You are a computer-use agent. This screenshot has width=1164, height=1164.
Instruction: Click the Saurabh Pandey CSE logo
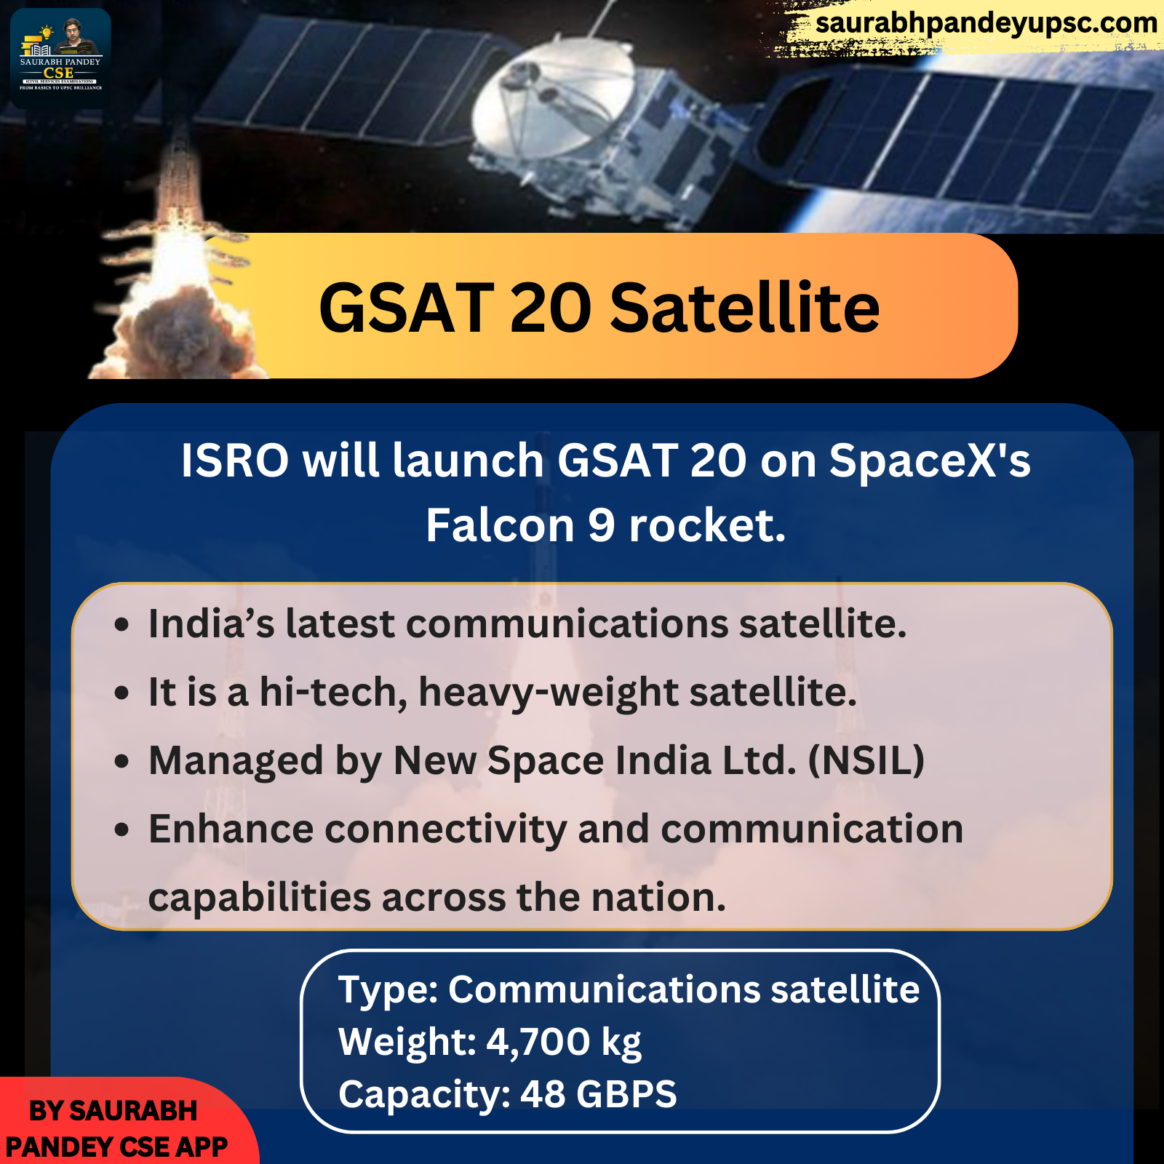pyautogui.click(x=60, y=58)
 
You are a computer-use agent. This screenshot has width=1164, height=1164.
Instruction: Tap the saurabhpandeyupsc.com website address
pyautogui.click(x=986, y=23)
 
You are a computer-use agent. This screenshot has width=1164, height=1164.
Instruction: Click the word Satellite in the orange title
pyautogui.click(x=745, y=308)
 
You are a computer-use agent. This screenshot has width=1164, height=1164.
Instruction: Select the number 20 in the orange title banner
pyautogui.click(x=551, y=308)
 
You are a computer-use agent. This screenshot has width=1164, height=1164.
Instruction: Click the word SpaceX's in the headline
pyautogui.click(x=930, y=461)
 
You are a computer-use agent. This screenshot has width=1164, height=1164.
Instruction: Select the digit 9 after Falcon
pyautogui.click(x=602, y=525)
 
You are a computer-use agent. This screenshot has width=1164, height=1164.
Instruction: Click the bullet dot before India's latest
pyautogui.click(x=121, y=625)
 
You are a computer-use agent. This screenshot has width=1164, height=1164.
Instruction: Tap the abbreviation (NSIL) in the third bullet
pyautogui.click(x=866, y=760)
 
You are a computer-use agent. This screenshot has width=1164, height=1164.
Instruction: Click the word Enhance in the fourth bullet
pyautogui.click(x=231, y=829)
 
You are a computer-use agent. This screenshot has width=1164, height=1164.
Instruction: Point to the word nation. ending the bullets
pyautogui.click(x=658, y=897)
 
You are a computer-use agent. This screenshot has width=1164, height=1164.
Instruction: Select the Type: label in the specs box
pyautogui.click(x=388, y=990)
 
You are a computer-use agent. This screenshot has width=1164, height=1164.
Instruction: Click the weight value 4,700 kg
pyautogui.click(x=564, y=1042)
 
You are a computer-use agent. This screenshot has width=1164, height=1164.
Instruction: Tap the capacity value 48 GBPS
pyautogui.click(x=598, y=1094)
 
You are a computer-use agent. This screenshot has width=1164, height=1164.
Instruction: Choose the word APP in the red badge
pyautogui.click(x=202, y=1147)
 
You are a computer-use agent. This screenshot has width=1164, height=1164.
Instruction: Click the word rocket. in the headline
pyautogui.click(x=707, y=525)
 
